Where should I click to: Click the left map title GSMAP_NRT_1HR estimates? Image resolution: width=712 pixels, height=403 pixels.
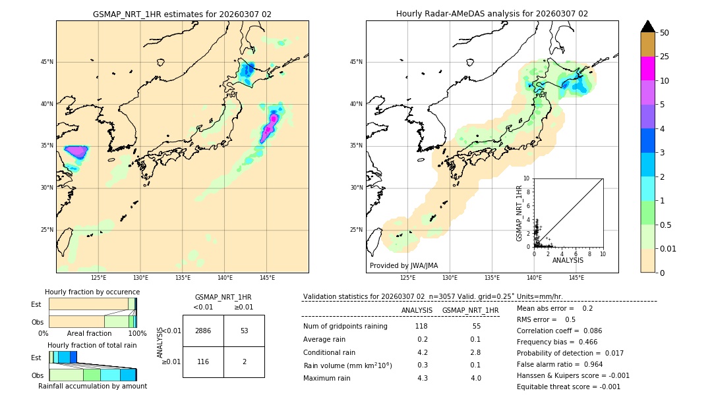182,14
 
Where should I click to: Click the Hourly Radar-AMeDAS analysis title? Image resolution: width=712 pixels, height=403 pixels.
492,14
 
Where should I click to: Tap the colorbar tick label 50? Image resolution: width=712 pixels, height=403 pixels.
665,33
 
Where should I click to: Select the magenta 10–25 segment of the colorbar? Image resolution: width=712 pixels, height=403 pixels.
647,68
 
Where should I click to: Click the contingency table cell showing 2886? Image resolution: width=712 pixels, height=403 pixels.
203,331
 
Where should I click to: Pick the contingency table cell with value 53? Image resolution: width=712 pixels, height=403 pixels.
244,331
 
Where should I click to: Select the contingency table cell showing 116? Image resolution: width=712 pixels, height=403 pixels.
203,362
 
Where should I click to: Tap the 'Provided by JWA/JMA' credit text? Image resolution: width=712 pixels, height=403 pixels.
403,266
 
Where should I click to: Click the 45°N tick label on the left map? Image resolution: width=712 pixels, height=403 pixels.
47,62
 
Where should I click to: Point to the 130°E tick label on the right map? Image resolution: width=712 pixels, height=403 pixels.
450,278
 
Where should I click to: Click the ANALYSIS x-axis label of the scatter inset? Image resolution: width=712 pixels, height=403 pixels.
568,260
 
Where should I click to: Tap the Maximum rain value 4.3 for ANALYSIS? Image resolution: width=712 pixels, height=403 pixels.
423,378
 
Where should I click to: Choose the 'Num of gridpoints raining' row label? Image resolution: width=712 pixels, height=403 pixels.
345,327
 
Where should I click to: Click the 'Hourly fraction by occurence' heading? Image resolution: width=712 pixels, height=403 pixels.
92,292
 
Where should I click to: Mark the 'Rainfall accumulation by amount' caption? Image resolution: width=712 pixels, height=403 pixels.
92,386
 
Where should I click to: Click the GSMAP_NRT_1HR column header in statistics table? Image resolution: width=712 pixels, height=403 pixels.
470,310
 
